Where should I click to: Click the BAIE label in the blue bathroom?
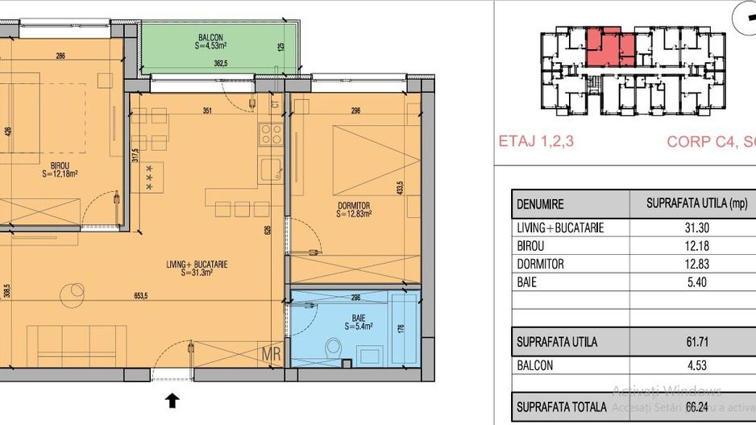click(x=355, y=321)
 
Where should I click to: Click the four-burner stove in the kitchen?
click(x=270, y=134)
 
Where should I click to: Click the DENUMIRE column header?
click(x=540, y=205)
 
